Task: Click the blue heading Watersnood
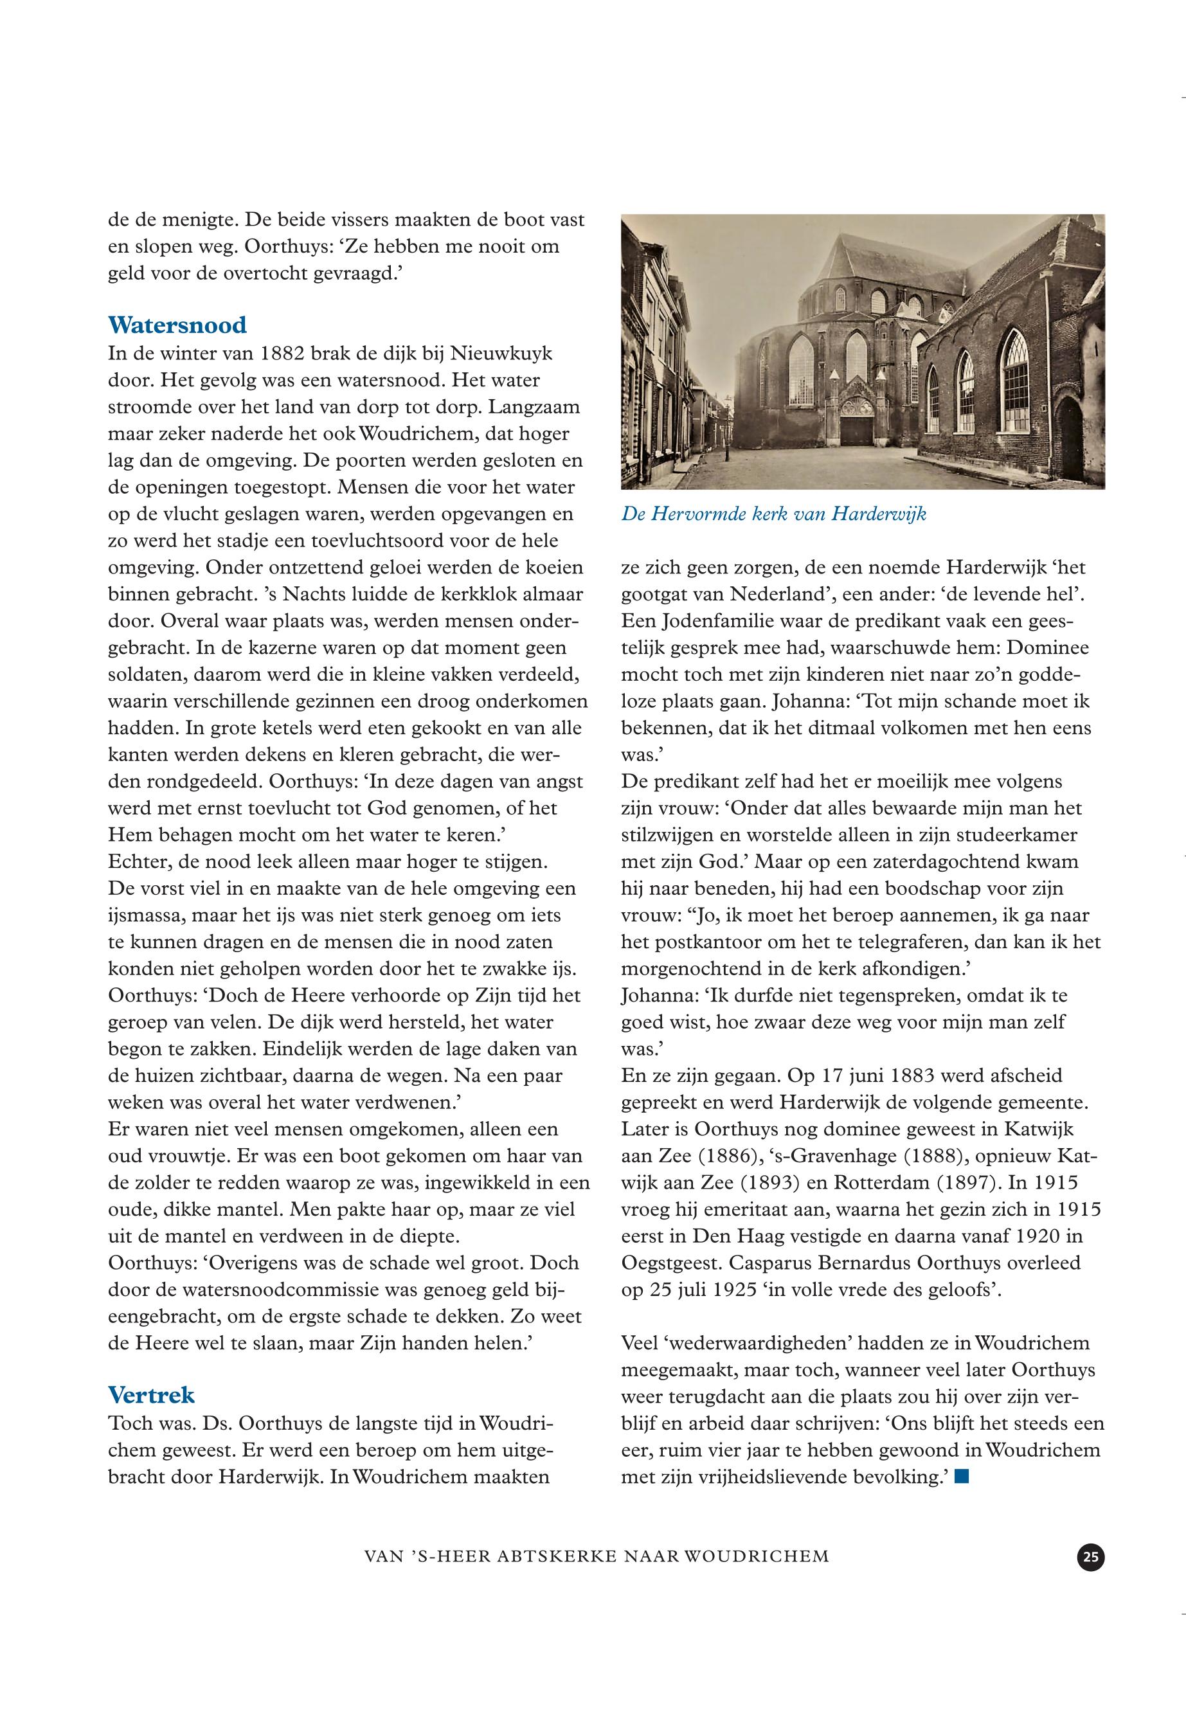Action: pos(177,325)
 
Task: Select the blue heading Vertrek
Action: pos(151,1395)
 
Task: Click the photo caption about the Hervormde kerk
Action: pos(773,514)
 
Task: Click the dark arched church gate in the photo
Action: pos(856,429)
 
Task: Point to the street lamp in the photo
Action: pos(726,405)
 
